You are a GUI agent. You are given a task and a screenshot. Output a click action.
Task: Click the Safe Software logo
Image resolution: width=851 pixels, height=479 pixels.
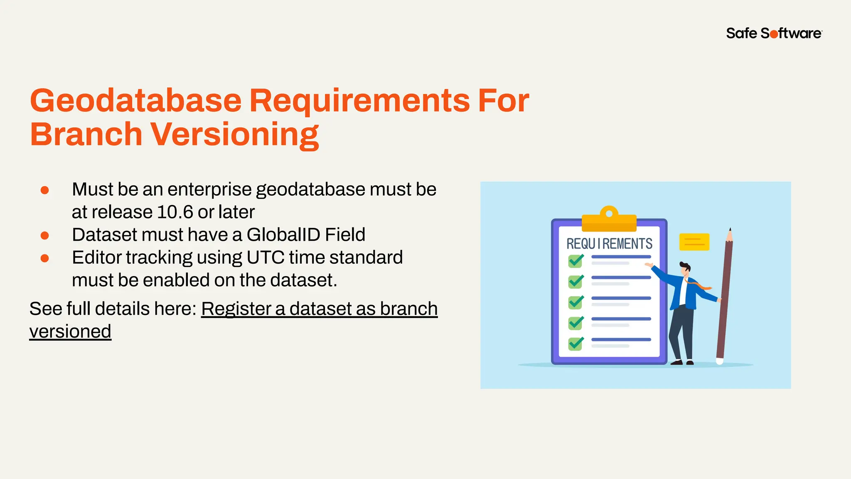coord(774,33)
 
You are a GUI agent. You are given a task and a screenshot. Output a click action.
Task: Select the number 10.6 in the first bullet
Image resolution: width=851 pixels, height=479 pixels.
coord(175,212)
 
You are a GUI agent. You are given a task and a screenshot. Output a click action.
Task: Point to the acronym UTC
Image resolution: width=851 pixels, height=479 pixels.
coord(265,257)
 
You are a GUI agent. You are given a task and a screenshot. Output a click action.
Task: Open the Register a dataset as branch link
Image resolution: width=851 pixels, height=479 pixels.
coord(319,309)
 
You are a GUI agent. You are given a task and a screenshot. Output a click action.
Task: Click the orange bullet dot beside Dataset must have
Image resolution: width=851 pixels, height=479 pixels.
coord(45,236)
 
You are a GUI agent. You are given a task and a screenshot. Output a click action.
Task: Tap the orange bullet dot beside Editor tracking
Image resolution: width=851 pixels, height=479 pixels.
coord(45,258)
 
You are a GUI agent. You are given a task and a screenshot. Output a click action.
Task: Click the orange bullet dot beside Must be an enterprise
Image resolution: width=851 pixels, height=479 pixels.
coord(45,190)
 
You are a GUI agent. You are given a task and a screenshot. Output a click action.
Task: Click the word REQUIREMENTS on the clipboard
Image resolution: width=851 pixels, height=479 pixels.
coord(609,244)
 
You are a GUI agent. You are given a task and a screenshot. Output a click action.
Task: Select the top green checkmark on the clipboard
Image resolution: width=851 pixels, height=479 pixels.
coord(576,261)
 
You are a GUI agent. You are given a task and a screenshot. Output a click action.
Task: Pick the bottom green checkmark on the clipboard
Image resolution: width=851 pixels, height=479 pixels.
coord(576,343)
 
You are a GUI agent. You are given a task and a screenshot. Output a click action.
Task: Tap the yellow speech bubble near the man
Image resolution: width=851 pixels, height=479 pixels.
coord(694,242)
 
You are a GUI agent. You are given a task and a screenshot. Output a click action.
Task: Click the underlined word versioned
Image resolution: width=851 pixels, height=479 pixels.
coord(70,331)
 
